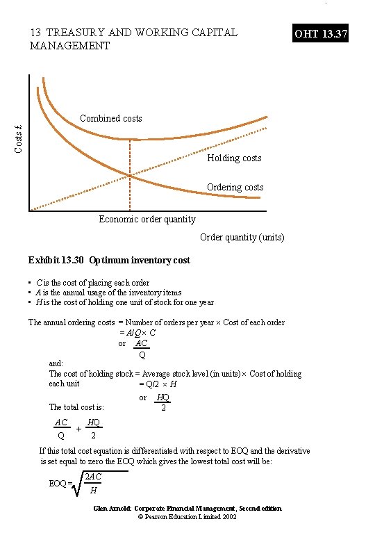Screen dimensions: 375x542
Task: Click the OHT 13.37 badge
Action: coord(319,33)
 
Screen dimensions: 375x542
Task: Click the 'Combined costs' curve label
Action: coord(111,118)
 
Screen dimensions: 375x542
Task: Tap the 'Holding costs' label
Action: coord(234,158)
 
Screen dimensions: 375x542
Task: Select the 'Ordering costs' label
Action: coord(235,187)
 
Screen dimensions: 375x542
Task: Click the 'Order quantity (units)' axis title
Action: coord(242,237)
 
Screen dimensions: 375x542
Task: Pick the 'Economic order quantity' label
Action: coord(147,220)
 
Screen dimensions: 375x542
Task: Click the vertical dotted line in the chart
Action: coord(130,191)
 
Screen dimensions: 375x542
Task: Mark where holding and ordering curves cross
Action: coord(130,176)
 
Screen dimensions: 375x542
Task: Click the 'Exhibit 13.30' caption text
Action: coord(109,260)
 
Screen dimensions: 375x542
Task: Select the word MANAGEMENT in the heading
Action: coord(69,46)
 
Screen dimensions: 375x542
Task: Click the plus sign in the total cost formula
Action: coord(78,429)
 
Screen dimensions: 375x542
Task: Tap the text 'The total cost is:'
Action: coord(76,407)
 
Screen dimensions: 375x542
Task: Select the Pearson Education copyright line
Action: coord(187,518)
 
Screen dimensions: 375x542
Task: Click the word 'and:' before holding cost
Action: coord(56,363)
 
